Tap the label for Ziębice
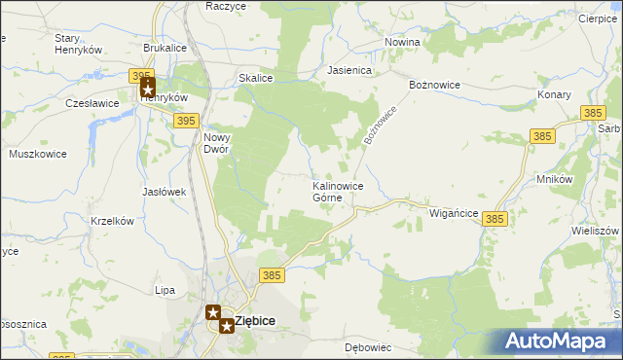(255, 321)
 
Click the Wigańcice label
(454, 211)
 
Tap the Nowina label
(402, 43)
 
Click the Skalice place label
(254, 78)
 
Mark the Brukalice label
(165, 47)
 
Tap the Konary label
(554, 95)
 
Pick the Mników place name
(554, 180)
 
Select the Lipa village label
(165, 290)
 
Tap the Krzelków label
(111, 221)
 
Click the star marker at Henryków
(148, 88)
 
